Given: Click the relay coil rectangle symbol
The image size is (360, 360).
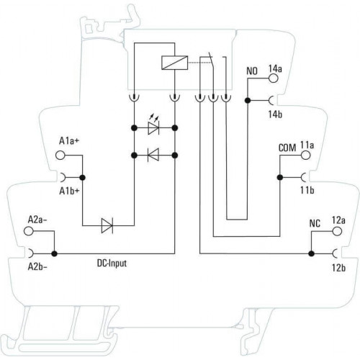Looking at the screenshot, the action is (x=175, y=63).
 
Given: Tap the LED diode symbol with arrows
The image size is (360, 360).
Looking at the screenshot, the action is (x=153, y=126).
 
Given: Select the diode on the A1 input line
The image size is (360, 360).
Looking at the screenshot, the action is (x=107, y=225).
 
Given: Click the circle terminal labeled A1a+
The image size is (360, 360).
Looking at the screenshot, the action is (x=60, y=156).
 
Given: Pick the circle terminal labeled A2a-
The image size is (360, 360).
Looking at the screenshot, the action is (x=29, y=231).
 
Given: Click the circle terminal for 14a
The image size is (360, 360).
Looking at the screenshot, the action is (x=273, y=78).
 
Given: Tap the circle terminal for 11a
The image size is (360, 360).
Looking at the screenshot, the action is (x=305, y=155).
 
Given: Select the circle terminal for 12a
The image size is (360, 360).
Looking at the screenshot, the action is (x=337, y=231).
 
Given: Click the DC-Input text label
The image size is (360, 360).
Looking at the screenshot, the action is (x=112, y=264).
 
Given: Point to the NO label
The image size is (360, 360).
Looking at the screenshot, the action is (x=252, y=71).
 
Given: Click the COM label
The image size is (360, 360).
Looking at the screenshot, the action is (x=287, y=148).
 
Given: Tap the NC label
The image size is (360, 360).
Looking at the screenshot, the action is (x=315, y=224).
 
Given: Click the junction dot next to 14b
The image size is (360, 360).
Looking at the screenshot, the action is (x=248, y=101).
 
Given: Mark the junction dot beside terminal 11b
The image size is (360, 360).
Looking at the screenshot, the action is (x=280, y=178).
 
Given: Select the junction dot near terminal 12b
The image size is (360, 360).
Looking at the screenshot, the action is (x=311, y=253).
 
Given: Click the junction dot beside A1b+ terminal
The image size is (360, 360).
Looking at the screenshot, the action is (x=83, y=178).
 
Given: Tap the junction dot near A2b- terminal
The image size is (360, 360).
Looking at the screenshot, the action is (x=55, y=253).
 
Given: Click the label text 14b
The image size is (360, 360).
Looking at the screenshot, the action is (x=275, y=114).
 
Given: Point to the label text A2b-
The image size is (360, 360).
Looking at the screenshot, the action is (x=37, y=267).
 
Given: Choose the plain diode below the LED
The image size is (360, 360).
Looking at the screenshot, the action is (x=153, y=155).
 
